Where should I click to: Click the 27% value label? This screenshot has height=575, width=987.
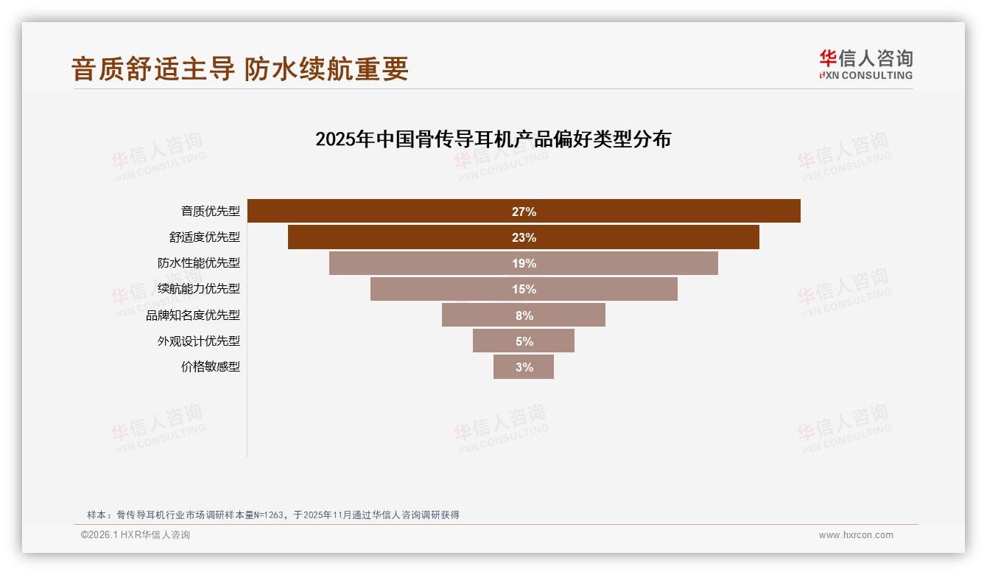click(x=524, y=212)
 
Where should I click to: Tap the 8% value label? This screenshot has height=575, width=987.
click(x=524, y=316)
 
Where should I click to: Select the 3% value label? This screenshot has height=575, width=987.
click(x=524, y=367)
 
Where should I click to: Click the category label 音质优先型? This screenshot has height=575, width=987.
click(x=211, y=212)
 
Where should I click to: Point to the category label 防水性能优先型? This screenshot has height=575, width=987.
click(x=199, y=263)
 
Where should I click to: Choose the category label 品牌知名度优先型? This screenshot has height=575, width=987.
click(x=193, y=316)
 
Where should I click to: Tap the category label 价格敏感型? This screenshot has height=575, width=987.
click(x=211, y=367)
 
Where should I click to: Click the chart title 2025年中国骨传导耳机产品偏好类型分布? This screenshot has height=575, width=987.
click(x=493, y=139)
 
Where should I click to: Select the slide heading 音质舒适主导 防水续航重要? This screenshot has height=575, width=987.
click(x=239, y=69)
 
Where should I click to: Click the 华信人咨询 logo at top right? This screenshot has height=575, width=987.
click(x=865, y=64)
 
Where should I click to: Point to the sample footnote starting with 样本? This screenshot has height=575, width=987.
click(x=273, y=515)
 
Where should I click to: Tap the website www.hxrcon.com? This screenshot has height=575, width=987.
click(x=856, y=535)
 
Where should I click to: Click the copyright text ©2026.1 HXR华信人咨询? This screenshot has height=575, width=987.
click(x=136, y=535)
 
